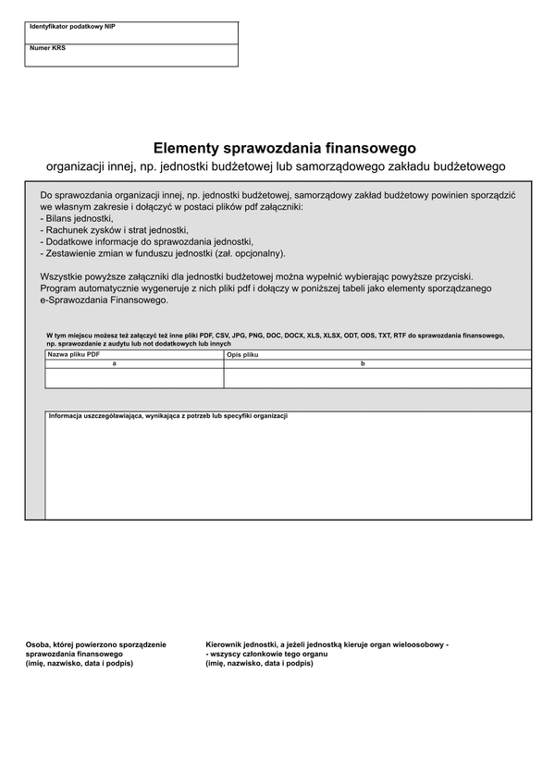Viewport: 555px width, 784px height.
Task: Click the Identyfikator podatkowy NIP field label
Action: tap(72, 27)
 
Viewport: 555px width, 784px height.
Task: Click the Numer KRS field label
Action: tap(47, 47)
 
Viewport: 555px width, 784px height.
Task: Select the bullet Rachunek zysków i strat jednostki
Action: tap(115, 229)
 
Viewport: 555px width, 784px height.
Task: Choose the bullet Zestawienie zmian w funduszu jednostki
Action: tap(163, 252)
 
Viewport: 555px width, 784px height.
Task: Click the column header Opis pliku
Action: tap(243, 354)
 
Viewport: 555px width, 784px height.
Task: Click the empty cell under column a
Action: tap(134, 377)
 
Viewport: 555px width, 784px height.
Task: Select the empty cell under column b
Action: tap(377, 377)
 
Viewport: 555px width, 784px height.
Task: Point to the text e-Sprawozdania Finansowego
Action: tap(105, 300)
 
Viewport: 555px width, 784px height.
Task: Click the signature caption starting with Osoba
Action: tap(96, 654)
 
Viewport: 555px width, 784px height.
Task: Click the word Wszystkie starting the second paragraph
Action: tap(62, 276)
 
